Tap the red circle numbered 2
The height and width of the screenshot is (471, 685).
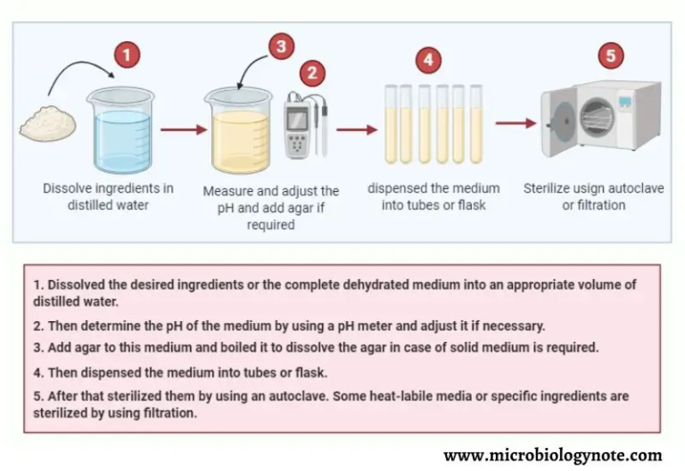[311, 72]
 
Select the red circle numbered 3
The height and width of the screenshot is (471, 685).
[282, 46]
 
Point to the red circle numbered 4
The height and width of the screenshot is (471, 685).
[429, 60]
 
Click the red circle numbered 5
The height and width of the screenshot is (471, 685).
[610, 55]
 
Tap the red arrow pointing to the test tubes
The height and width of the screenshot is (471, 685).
[356, 129]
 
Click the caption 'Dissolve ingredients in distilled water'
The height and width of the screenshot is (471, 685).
[108, 196]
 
